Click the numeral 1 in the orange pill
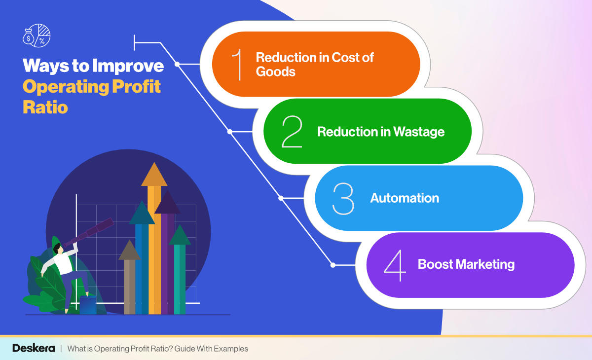[x=238, y=65]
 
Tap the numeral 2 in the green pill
[x=292, y=132]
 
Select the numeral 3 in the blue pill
[x=343, y=199]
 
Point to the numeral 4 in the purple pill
[x=395, y=265]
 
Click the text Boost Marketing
[x=466, y=264]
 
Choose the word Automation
[x=405, y=198]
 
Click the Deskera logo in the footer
[x=33, y=349]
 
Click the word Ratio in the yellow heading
[x=45, y=107]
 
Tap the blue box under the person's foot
[x=88, y=305]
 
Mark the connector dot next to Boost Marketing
[x=333, y=265]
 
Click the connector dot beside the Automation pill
[x=281, y=198]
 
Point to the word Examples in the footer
[x=231, y=349]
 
